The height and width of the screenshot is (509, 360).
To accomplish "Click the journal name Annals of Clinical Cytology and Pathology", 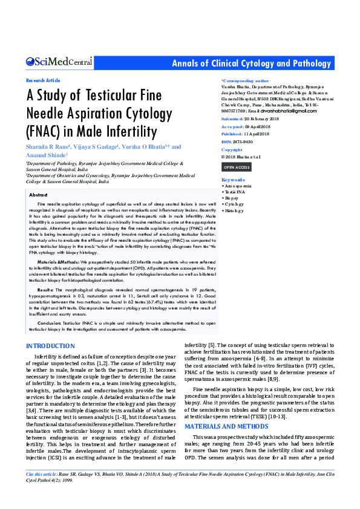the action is (x=252, y=63).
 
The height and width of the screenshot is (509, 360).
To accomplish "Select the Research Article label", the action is (x=43, y=80).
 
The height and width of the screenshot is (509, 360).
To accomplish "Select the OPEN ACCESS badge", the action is (x=237, y=167).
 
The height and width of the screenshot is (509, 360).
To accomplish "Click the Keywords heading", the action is (x=234, y=180).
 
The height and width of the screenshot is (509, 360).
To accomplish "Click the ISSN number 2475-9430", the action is (x=241, y=141).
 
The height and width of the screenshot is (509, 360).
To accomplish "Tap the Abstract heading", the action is (x=39, y=195).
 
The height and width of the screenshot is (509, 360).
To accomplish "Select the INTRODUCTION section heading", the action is (x=51, y=346).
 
